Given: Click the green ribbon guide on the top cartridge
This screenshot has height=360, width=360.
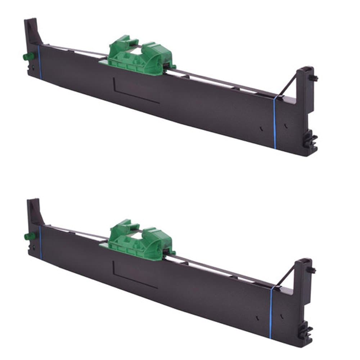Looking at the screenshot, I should pyautogui.click(x=139, y=56).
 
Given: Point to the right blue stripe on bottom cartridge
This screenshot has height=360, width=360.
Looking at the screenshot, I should pyautogui.click(x=271, y=310).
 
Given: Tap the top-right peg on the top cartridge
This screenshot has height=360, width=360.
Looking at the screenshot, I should pyautogui.click(x=314, y=77).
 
